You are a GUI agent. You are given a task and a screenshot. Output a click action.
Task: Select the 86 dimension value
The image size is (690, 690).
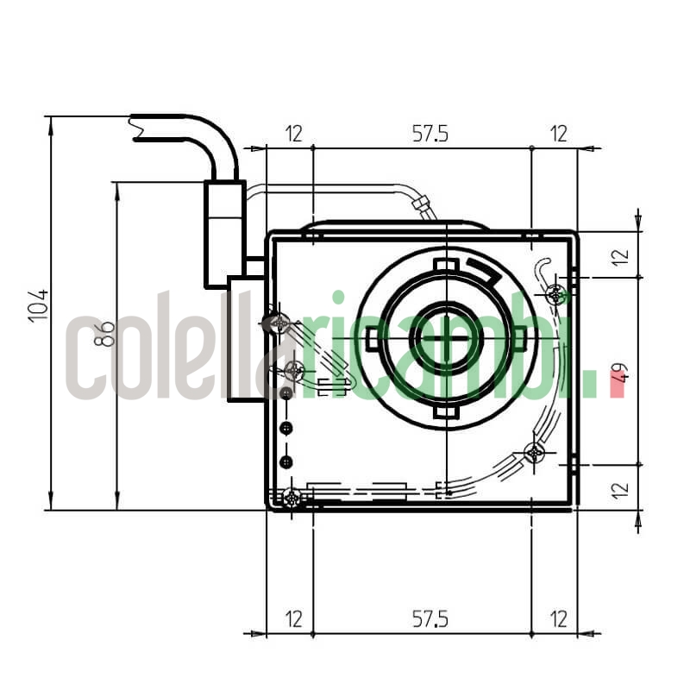click(104, 333)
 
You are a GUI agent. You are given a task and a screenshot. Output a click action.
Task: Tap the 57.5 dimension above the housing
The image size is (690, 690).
click(430, 134)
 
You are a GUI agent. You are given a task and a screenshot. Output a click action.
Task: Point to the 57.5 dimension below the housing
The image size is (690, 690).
click(430, 618)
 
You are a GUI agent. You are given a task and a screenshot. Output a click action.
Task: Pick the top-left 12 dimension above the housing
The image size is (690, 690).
click(294, 134)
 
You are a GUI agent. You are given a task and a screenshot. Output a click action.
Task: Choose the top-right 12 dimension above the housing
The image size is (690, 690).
click(559, 134)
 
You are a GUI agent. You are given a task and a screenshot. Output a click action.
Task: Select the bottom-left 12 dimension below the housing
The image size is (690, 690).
click(294, 618)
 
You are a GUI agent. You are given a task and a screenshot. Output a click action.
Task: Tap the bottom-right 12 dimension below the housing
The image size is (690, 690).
click(559, 618)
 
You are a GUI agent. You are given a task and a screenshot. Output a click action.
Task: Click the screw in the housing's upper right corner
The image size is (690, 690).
click(556, 295)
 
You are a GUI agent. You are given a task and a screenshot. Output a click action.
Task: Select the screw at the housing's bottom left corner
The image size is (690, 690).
click(292, 498)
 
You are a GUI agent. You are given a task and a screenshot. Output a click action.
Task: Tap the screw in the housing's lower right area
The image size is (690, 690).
click(535, 452)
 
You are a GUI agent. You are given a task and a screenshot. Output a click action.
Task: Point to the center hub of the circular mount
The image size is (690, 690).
click(445, 338)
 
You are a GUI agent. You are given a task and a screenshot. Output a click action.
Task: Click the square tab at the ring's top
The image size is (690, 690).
click(445, 265)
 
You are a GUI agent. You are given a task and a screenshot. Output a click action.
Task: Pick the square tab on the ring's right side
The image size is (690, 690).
click(520, 340)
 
